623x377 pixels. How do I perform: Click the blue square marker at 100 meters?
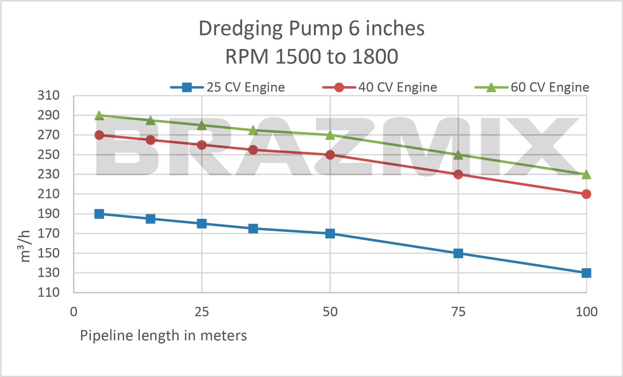[x=586, y=273]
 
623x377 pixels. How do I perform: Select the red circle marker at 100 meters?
[x=586, y=194]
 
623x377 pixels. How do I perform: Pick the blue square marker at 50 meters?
[x=330, y=233]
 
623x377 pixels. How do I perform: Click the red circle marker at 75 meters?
[x=458, y=174]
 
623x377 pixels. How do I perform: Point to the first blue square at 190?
[x=99, y=214]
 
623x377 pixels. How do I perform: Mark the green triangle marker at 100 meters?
[x=586, y=174]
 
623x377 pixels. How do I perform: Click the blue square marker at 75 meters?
[x=458, y=253]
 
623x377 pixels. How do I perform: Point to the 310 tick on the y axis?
[x=49, y=95]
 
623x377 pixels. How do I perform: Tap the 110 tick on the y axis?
[x=49, y=292]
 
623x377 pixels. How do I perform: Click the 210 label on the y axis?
[x=49, y=194]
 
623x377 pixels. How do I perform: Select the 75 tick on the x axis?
[x=458, y=312]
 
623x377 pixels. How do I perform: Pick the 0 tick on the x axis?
[x=74, y=312]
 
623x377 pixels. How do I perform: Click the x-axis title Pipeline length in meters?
[x=163, y=335]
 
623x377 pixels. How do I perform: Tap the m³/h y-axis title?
[x=24, y=246]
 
